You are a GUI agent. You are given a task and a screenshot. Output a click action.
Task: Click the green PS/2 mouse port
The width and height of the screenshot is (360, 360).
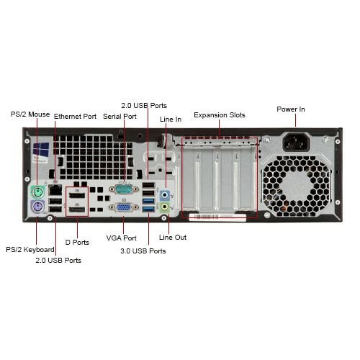pyautogui.click(x=38, y=192)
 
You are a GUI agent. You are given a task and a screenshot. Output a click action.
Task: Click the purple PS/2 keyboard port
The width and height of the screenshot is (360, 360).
pyautogui.click(x=38, y=207)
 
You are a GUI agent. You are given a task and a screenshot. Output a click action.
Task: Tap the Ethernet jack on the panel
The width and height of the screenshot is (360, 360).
pyautogui.click(x=55, y=190)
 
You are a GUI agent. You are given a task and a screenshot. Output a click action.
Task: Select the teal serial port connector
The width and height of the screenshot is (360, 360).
pyautogui.click(x=124, y=189)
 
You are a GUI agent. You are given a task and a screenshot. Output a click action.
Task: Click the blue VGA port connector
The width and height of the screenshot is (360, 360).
pyautogui.click(x=124, y=207)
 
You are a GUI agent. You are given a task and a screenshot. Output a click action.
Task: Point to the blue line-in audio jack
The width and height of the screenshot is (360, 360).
pyautogui.click(x=165, y=194)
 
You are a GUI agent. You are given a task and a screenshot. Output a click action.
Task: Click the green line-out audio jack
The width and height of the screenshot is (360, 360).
pyautogui.click(x=165, y=207)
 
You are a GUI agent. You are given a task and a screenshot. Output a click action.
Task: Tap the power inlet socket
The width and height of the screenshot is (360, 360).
pyautogui.click(x=297, y=142)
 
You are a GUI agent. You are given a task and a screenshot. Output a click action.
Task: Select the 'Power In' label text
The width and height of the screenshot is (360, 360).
pyautogui.click(x=291, y=109)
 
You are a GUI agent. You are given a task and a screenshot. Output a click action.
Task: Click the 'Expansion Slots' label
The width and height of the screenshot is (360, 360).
pyautogui.click(x=220, y=115)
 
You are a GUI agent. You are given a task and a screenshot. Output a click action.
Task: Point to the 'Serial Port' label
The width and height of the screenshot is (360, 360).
pyautogui.click(x=120, y=117)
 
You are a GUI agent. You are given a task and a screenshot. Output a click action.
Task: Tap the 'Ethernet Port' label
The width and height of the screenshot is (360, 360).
pyautogui.click(x=75, y=117)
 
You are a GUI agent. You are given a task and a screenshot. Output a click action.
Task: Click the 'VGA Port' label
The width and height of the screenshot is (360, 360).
pyautogui.click(x=122, y=238)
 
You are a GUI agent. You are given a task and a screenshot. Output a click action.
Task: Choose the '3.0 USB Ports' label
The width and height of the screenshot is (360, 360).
pyautogui.click(x=143, y=251)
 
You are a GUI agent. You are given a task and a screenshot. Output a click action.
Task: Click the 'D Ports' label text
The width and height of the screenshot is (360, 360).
pyautogui.click(x=77, y=243)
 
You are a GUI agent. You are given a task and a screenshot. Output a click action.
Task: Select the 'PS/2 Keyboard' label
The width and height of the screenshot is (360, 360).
pyautogui.click(x=30, y=250)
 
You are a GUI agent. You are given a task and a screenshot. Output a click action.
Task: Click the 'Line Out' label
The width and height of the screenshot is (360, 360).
pyautogui.click(x=173, y=238)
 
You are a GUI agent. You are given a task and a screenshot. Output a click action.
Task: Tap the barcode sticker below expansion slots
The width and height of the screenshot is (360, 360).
pyautogui.click(x=217, y=217)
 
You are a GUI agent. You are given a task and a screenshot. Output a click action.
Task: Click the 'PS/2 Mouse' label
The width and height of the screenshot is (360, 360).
pyautogui.click(x=30, y=114)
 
